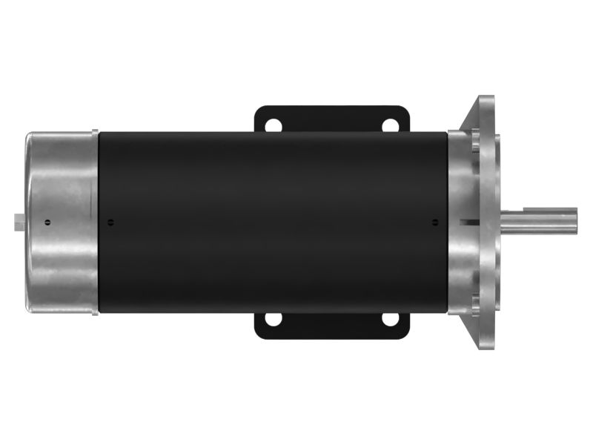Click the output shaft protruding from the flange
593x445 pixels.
tap(537, 221)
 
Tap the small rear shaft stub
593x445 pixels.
tap(19, 222)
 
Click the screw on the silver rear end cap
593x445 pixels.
tap(47, 222)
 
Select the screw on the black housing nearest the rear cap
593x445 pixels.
tap(110, 222)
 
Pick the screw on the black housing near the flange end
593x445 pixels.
tap(435, 221)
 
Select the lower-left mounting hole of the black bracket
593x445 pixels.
tap(274, 320)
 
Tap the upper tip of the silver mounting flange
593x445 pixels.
tap(486, 100)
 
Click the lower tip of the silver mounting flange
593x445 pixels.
tap(486, 345)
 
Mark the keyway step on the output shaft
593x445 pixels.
tap(519, 213)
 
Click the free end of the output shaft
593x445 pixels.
tap(575, 221)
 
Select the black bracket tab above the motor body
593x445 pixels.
tap(332, 119)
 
